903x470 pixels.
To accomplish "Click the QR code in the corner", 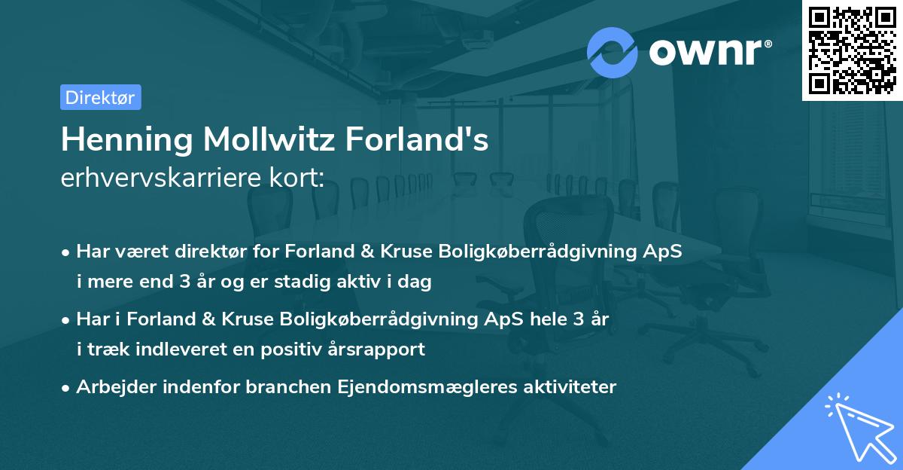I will pyautogui.click(x=853, y=50).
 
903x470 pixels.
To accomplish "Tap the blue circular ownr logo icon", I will pyautogui.click(x=613, y=52).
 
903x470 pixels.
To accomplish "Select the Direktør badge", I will pyautogui.click(x=100, y=97).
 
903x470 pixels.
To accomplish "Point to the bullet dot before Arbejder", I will pyautogui.click(x=67, y=388).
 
